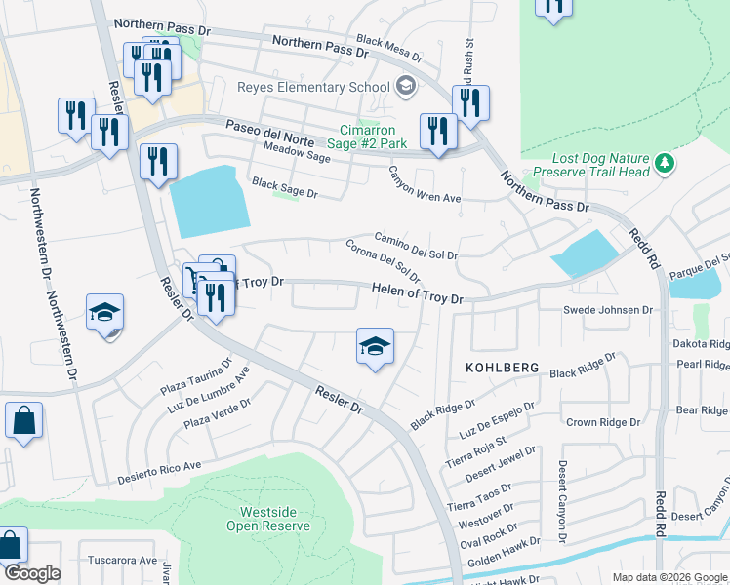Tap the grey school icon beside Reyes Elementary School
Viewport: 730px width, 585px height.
pos(404,87)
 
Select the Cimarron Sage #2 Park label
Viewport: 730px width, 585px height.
pos(374,136)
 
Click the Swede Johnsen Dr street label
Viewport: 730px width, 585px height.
pos(607,310)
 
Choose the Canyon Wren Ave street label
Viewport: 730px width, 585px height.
pos(425,185)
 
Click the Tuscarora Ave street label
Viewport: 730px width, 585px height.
pos(123,561)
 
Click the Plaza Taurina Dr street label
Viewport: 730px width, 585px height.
pos(196,378)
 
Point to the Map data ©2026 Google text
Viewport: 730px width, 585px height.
pos(669,577)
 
